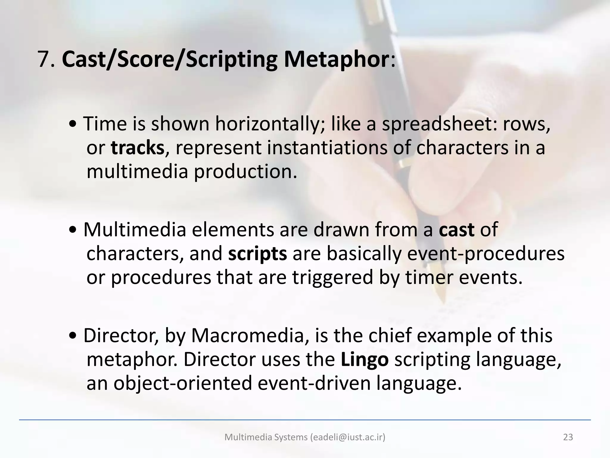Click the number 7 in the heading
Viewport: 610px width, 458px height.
click(43, 59)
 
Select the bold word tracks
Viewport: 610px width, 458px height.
click(137, 148)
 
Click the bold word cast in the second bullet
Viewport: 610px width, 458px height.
click(456, 230)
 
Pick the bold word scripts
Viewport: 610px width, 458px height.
click(257, 254)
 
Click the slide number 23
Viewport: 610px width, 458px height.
click(568, 437)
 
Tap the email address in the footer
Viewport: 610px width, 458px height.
click(347, 437)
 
